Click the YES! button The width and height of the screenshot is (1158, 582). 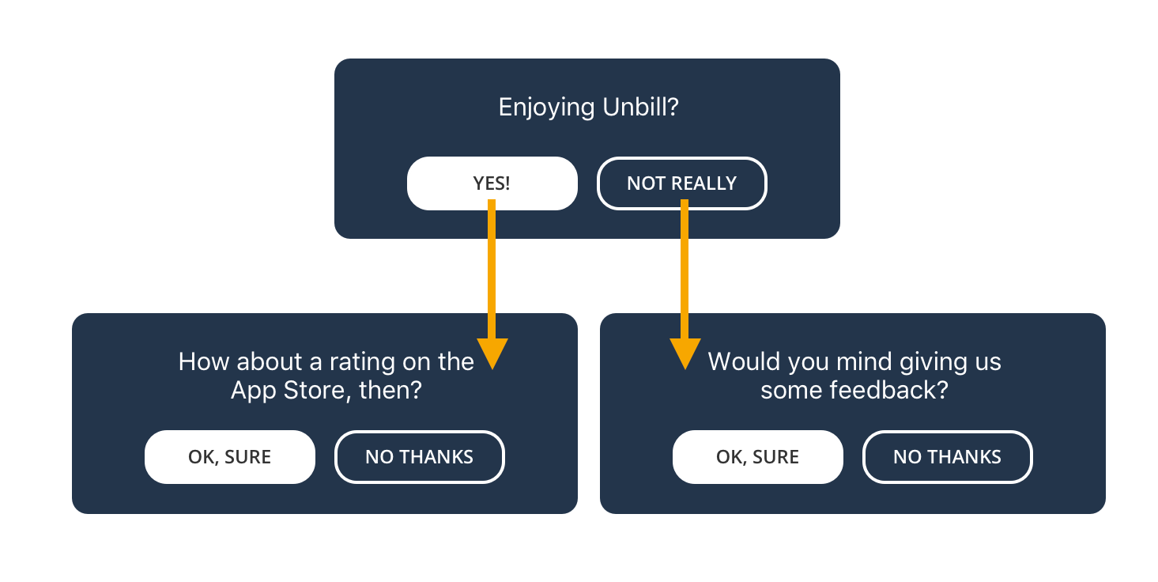[492, 183]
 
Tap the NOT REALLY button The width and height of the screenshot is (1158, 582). [682, 183]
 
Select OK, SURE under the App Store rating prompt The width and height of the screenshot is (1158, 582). [229, 457]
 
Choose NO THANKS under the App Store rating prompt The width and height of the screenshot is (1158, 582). [419, 457]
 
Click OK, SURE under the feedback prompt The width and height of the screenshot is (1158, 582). [758, 457]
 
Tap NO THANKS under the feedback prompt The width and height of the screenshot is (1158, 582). [948, 457]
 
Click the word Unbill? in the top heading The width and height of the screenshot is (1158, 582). [640, 107]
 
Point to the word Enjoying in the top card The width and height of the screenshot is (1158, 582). [546, 108]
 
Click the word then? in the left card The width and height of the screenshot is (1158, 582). [390, 390]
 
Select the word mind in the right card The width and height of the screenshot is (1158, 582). [865, 361]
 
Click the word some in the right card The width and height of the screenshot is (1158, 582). [791, 391]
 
